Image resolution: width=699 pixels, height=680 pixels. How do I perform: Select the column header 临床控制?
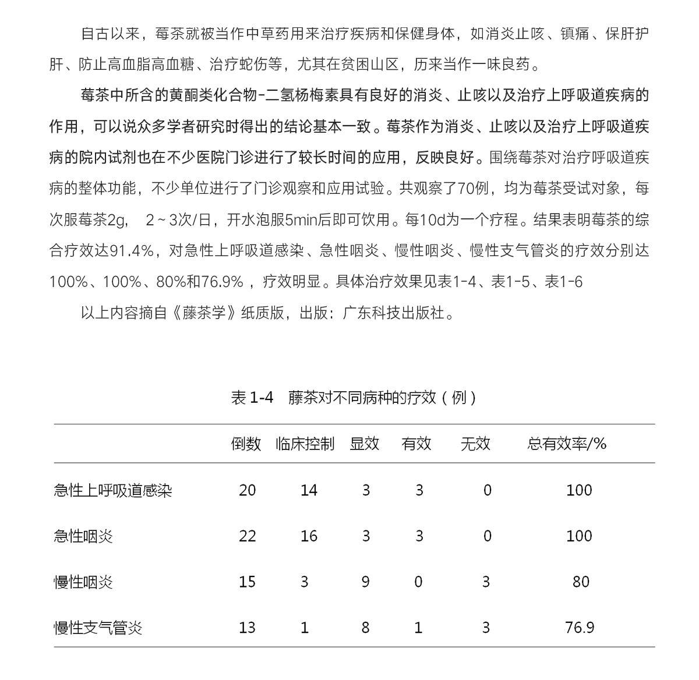305,444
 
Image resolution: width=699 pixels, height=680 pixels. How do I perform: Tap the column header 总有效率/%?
567,444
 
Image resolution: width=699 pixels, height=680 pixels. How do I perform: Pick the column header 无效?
475,444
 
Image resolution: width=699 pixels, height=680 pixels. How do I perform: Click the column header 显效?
365,444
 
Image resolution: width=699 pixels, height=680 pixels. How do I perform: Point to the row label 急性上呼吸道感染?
113,490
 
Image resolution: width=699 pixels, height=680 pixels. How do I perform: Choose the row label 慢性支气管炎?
98,628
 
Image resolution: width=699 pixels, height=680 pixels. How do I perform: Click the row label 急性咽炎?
83,536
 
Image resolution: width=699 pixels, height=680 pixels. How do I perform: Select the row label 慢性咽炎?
83,582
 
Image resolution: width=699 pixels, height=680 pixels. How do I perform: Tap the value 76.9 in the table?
580,628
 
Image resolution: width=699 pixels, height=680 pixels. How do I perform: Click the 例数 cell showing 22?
247,536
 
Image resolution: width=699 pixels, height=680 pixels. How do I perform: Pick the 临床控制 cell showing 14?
309,490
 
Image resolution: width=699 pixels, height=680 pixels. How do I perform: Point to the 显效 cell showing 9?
365,582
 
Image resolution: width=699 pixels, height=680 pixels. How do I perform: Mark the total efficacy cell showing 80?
581,582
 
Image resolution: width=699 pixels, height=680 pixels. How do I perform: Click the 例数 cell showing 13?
247,628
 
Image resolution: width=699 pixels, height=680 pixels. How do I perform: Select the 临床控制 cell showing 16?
309,536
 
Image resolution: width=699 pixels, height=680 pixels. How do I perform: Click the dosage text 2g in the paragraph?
117,220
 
